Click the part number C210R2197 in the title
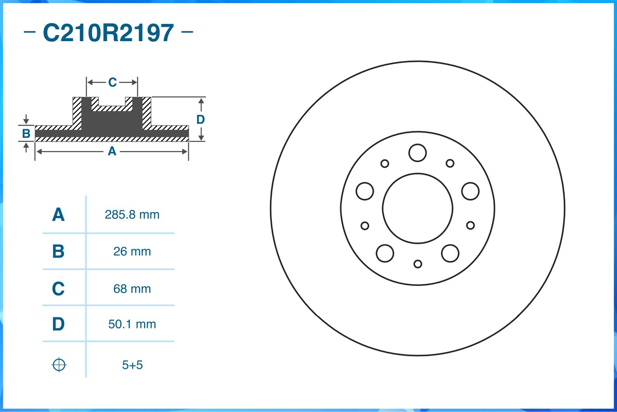tap(108, 33)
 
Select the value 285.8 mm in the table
tap(132, 214)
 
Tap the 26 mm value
tap(132, 251)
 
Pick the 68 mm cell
tap(132, 289)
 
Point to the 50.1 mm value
tap(132, 324)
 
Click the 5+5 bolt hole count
tap(132, 365)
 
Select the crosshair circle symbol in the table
tap(59, 365)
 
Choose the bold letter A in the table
tap(58, 215)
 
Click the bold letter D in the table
tap(58, 324)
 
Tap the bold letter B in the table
tap(58, 251)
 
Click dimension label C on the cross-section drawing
tap(112, 83)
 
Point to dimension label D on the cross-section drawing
tap(200, 119)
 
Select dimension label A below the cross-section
tap(112, 151)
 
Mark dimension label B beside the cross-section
tap(26, 133)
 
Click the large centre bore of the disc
tap(418, 208)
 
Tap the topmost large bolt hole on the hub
tap(418, 153)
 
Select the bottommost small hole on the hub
tap(418, 264)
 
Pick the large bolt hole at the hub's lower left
tap(385, 253)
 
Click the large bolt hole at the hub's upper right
tap(470, 191)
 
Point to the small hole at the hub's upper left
tap(385, 163)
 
